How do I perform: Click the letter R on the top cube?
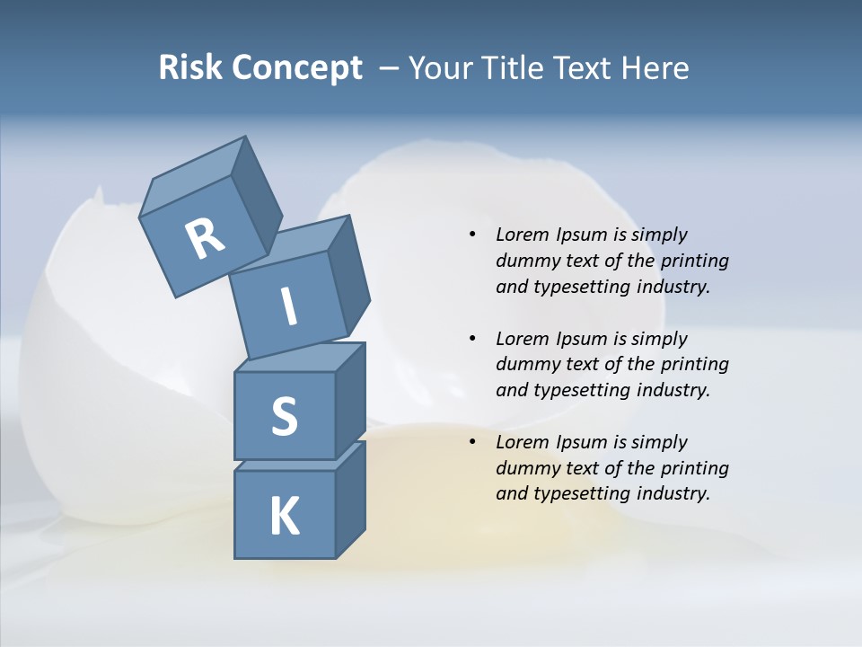[205, 238]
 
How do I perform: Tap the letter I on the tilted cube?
[288, 306]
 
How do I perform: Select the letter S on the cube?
[284, 416]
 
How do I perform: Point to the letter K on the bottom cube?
[284, 517]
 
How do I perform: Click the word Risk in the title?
[189, 68]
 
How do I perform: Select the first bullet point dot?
[472, 235]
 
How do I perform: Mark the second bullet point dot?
[472, 339]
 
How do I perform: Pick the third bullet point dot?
[472, 442]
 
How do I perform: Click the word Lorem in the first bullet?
[523, 235]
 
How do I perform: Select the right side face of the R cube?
[257, 193]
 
